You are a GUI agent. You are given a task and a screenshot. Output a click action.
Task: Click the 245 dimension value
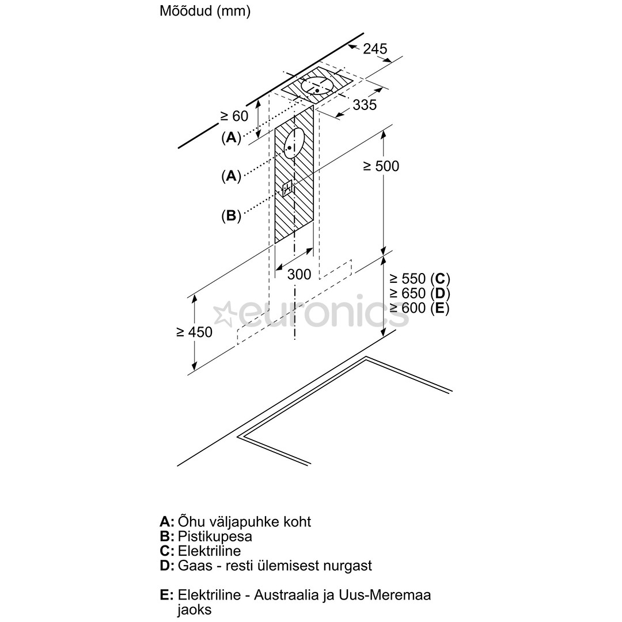pos(376,49)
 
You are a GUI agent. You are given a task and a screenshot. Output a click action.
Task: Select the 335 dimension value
pos(365,104)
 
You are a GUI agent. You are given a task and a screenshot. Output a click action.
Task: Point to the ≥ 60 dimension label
pos(234,116)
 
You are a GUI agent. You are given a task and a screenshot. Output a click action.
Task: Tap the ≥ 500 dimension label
pos(381,166)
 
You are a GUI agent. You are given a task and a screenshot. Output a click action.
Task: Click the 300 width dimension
pos(299,274)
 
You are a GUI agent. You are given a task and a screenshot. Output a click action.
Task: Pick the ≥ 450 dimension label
pos(194,332)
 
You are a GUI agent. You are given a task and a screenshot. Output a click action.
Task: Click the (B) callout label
pos(231,216)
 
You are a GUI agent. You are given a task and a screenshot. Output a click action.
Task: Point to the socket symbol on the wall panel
pos(287,188)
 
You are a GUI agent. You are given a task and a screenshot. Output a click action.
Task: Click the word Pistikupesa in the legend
pos(215,536)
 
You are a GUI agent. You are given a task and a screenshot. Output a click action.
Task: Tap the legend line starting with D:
pos(266,566)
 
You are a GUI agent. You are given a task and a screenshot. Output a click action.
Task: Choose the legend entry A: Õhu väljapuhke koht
pos(235,522)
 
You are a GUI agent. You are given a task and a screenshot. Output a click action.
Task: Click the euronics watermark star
pos(225,314)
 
